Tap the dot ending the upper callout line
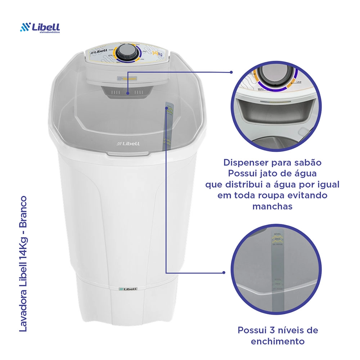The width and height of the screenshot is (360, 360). tap(231, 72)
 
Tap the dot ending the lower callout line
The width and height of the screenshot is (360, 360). tap(224, 273)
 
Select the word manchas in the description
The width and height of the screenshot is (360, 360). tap(272, 207)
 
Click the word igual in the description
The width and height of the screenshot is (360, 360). tap(327, 185)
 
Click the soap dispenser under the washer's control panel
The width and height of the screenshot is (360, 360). tap(128, 91)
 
